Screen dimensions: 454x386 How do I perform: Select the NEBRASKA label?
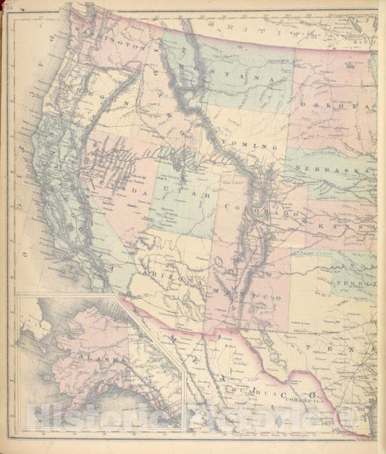340,172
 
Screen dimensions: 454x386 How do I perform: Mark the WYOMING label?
250,145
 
